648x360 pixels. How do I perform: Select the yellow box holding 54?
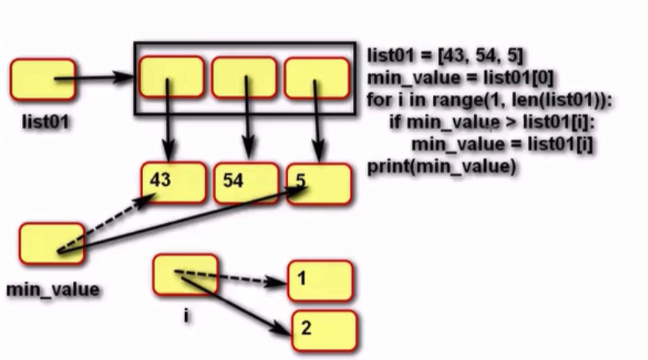tap(246, 183)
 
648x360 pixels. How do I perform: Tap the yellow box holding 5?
tap(319, 183)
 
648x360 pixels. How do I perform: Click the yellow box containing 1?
tap(320, 280)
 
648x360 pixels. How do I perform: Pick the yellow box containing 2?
tap(324, 329)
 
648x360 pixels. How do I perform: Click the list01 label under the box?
tap(44, 123)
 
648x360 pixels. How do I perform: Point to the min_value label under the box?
tap(54, 290)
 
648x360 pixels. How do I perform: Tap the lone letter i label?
tap(186, 315)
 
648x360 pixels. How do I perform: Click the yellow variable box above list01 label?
tap(44, 80)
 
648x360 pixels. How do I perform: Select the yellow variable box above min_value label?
tap(51, 244)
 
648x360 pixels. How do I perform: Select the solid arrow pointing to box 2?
tap(237, 304)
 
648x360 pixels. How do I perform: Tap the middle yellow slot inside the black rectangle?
tap(244, 77)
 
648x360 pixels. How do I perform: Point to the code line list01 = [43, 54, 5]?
tap(445, 57)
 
